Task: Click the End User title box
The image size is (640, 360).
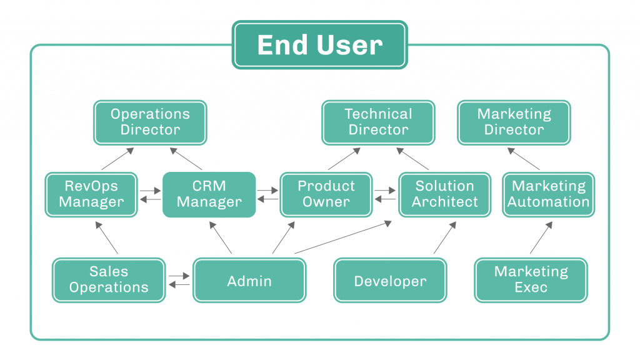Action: coord(319,45)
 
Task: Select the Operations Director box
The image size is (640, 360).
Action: coord(150,122)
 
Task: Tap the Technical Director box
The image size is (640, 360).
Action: coord(378,122)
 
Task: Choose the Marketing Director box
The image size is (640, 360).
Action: coord(514,122)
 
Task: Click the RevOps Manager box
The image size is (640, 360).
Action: coord(91,194)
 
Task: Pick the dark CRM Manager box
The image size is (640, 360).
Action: coord(209,194)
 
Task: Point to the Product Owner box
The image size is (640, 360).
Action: coord(326,194)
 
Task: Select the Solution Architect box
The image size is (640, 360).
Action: coord(444,194)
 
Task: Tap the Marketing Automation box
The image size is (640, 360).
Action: coord(549,194)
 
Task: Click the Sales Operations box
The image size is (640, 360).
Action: coord(109,280)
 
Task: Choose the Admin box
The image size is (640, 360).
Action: coord(249,280)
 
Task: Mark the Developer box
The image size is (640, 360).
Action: coord(390,280)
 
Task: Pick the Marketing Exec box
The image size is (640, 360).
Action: coord(531,280)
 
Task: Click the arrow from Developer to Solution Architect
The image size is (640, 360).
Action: coord(445,237)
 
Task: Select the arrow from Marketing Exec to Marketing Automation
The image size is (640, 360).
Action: coord(541,237)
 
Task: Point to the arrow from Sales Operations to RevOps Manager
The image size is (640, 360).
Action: coord(106,237)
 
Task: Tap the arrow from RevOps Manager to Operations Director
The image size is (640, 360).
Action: coord(117,158)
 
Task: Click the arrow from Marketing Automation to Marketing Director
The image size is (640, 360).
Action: coord(523,158)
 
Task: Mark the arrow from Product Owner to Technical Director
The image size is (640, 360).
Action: coord(344,158)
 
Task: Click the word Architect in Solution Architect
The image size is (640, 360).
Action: coord(444,202)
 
